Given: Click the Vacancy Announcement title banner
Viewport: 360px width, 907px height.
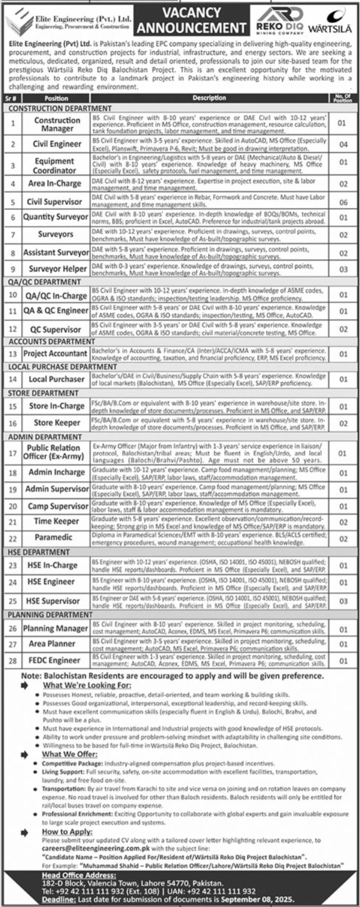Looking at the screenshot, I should click(191, 20).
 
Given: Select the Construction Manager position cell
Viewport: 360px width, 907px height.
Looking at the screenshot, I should click(56, 123).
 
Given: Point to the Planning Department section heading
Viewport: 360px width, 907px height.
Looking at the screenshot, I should click(50, 614).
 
